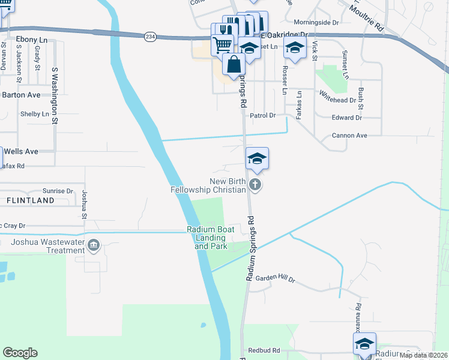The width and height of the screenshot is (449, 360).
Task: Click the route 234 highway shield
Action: [150, 37]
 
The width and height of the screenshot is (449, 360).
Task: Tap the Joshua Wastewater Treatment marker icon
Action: [94, 245]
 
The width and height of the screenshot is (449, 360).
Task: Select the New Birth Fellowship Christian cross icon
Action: [255, 184]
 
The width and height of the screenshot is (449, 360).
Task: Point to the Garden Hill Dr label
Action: [276, 279]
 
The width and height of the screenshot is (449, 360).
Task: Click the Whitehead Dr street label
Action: [337, 97]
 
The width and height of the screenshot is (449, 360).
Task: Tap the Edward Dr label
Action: [346, 118]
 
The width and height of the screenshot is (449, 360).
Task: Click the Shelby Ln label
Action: [35, 114]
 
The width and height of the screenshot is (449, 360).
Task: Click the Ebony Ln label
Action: [27, 39]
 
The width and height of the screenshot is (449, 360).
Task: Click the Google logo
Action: [20, 353]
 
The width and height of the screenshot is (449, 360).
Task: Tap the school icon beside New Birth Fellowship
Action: [257, 158]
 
